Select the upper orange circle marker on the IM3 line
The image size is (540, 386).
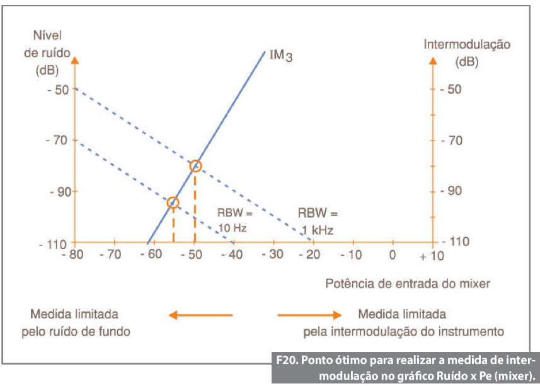tap(195, 167)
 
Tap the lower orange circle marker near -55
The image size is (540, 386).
tap(173, 202)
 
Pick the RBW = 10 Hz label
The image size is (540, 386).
tap(235, 220)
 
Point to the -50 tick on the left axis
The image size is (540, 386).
tap(59, 89)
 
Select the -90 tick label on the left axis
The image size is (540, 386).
tap(59, 191)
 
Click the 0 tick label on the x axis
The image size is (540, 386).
tap(392, 255)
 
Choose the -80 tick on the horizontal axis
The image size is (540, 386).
tap(75, 255)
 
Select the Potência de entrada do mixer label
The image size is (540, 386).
tap(408, 283)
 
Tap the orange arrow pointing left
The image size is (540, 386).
tap(200, 315)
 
